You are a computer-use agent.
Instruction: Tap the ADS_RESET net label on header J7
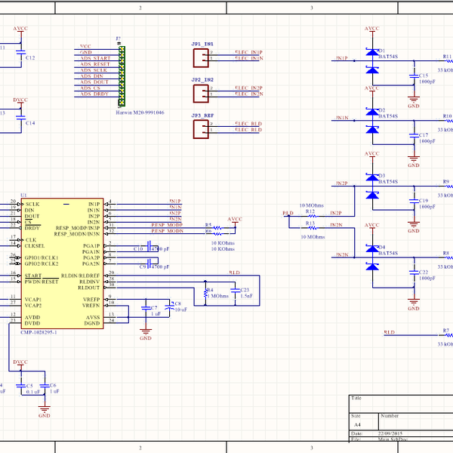pyautogui.click(x=96, y=65)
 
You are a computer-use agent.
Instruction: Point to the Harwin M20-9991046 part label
pyautogui.click(x=140, y=112)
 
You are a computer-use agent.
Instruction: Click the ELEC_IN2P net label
pyautogui.click(x=248, y=88)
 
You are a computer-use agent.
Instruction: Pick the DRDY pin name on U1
pyautogui.click(x=32, y=228)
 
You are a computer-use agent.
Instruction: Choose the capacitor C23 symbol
pyautogui.click(x=236, y=291)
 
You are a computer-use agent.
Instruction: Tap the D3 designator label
pyautogui.click(x=381, y=175)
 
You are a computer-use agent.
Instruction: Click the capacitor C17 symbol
pyautogui.click(x=412, y=136)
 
